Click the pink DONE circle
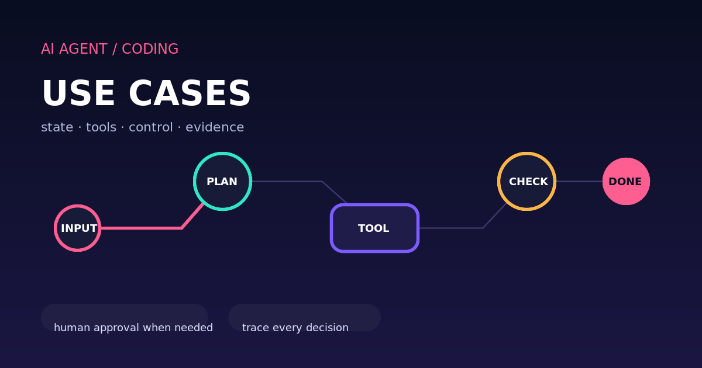tap(626, 181)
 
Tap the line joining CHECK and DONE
tap(580, 181)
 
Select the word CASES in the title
tap(190, 93)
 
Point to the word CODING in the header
tap(150, 49)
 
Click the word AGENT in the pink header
tap(83, 49)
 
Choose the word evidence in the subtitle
tap(215, 127)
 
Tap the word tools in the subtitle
tap(101, 127)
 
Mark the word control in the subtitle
tap(151, 127)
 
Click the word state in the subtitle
tap(57, 127)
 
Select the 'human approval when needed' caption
tap(133, 328)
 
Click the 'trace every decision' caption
tap(295, 328)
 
